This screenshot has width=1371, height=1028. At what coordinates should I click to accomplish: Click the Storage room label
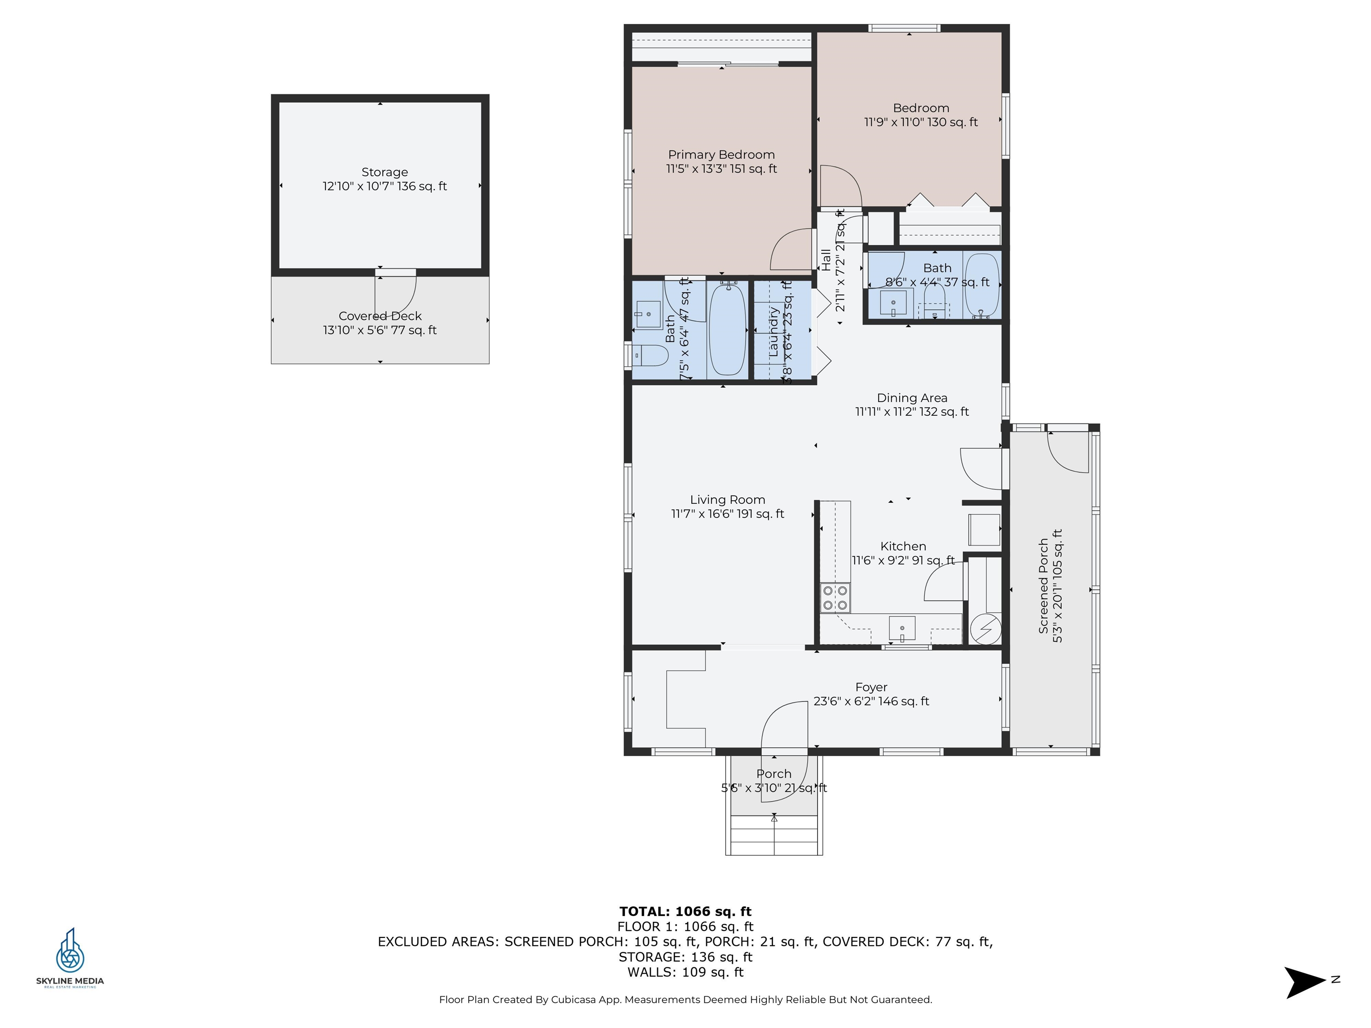pyautogui.click(x=384, y=172)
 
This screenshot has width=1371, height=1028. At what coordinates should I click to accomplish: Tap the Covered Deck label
pyautogui.click(x=379, y=316)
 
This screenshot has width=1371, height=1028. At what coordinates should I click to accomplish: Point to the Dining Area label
pyautogui.click(x=912, y=398)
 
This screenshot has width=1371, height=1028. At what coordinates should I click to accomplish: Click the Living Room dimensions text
pyautogui.click(x=727, y=514)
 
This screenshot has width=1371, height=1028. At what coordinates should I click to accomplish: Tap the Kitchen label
pyautogui.click(x=903, y=546)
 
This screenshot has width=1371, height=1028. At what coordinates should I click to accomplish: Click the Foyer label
pyautogui.click(x=871, y=687)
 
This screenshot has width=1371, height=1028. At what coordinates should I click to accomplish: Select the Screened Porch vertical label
pyautogui.click(x=1044, y=585)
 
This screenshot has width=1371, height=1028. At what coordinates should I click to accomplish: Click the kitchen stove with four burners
pyautogui.click(x=835, y=598)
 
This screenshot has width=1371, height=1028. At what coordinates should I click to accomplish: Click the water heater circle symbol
pyautogui.click(x=985, y=630)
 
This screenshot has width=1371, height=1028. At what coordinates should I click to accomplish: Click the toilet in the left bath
pyautogui.click(x=651, y=356)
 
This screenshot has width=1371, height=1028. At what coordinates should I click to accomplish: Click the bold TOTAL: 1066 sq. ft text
pyautogui.click(x=685, y=911)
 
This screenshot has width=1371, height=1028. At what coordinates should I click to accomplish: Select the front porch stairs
pyautogui.click(x=774, y=835)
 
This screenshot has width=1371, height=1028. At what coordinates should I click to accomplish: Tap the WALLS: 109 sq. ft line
pyautogui.click(x=685, y=972)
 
